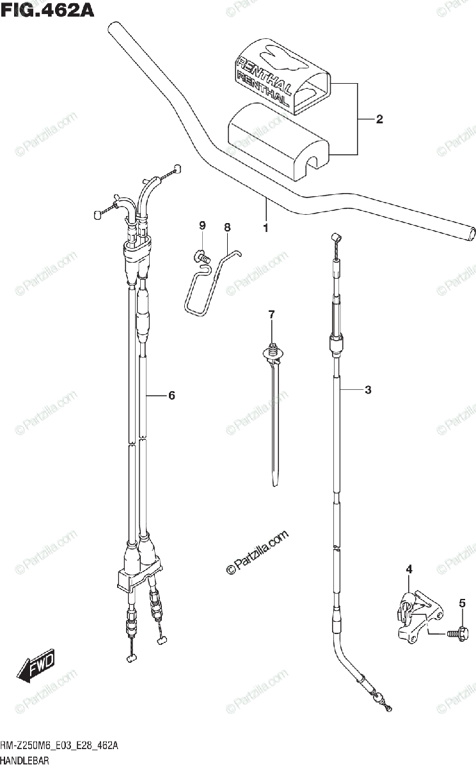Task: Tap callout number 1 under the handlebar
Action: tap(266, 227)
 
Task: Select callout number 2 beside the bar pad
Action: tap(379, 118)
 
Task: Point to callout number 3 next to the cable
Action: tap(368, 390)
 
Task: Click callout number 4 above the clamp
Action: tap(409, 569)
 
